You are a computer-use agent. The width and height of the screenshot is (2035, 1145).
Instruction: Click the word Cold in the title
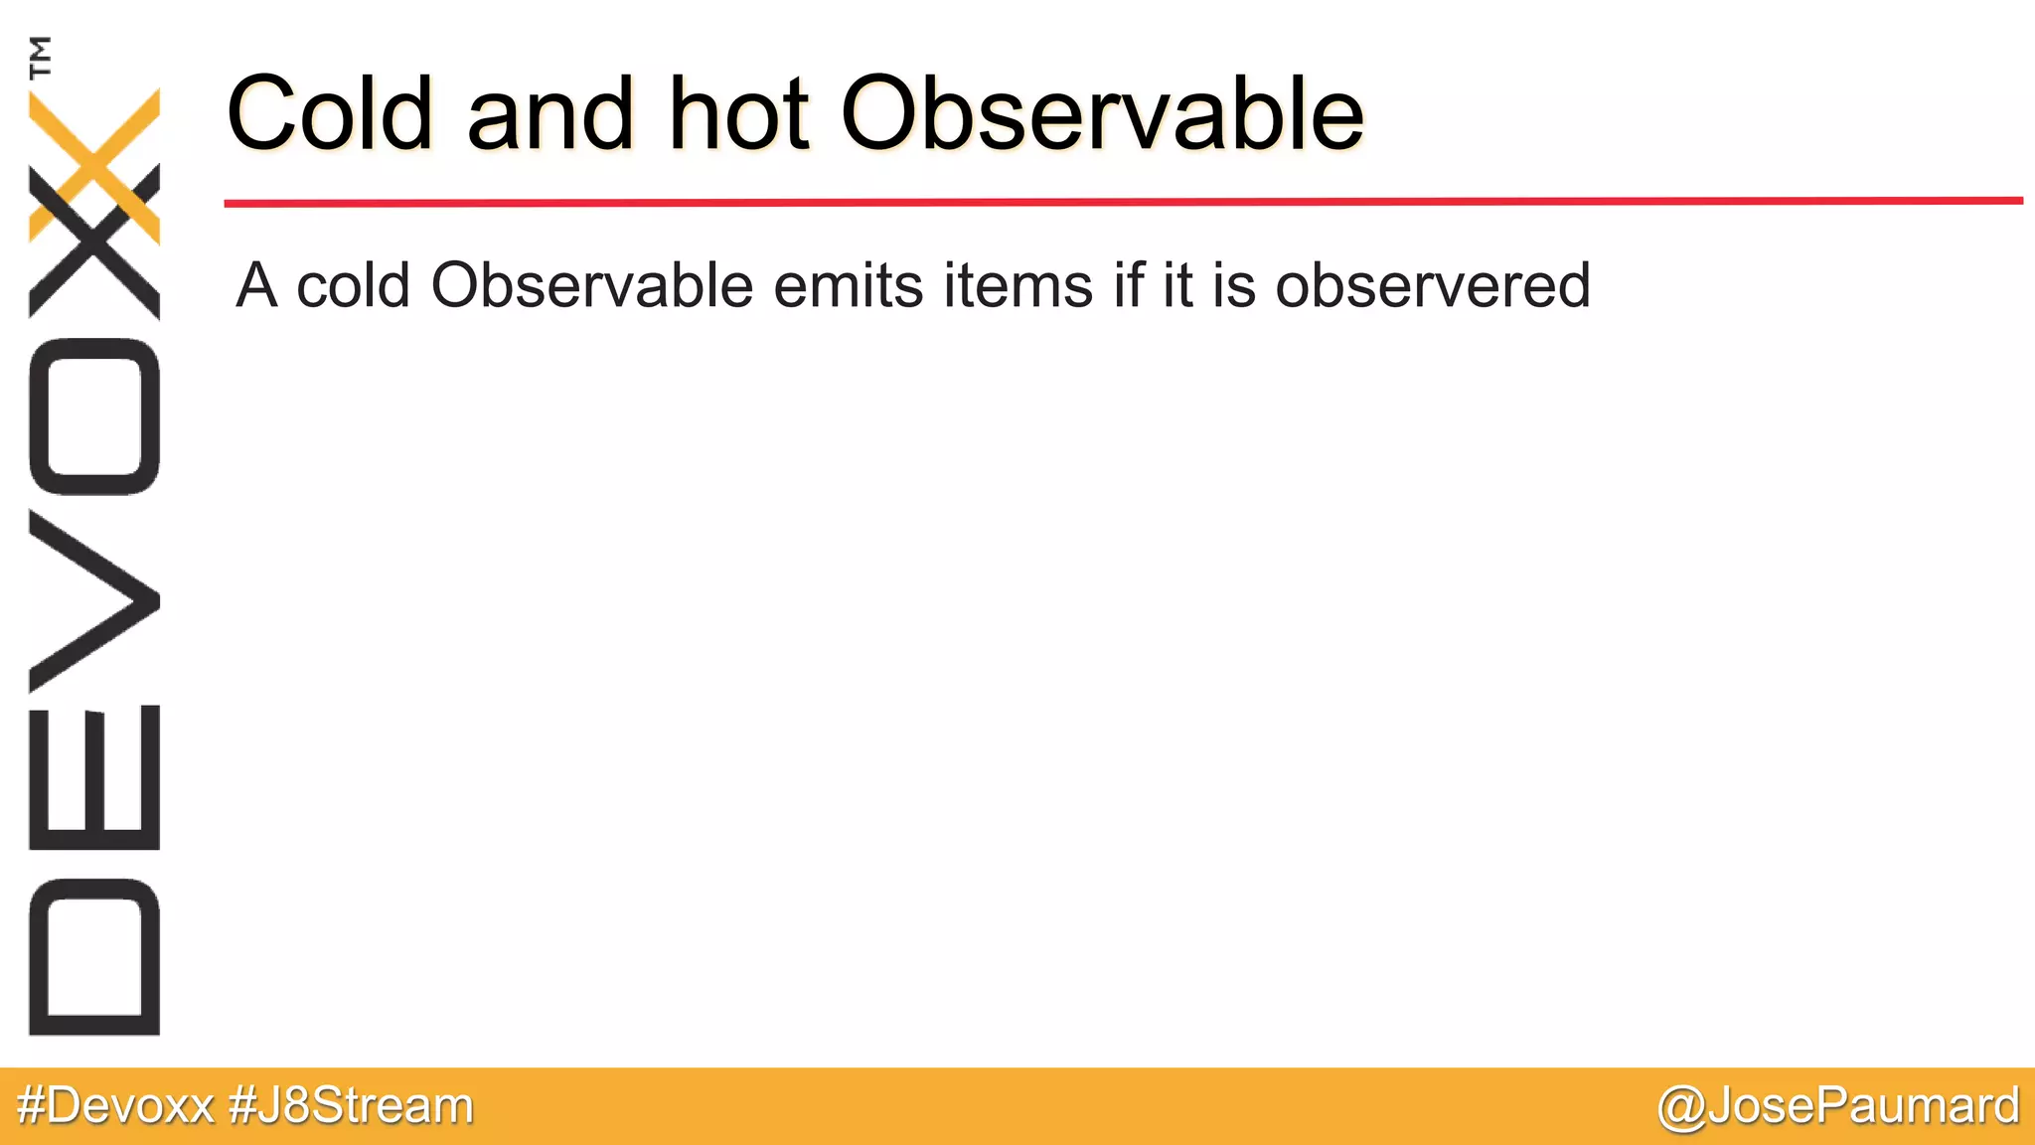pyautogui.click(x=330, y=114)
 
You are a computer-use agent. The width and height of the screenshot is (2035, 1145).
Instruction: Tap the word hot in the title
pyautogui.click(x=739, y=114)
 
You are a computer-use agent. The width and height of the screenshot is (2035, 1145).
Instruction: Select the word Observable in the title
pyautogui.click(x=1102, y=114)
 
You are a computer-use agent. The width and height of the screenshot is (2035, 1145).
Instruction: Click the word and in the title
pyautogui.click(x=549, y=114)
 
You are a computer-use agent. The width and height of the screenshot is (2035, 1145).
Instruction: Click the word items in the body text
pyautogui.click(x=1018, y=286)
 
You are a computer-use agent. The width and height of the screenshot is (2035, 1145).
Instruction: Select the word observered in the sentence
pyautogui.click(x=1432, y=286)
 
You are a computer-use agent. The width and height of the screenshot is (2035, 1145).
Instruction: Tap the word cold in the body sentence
pyautogui.click(x=353, y=286)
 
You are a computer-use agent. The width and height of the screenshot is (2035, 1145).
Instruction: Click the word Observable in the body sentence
pyautogui.click(x=591, y=286)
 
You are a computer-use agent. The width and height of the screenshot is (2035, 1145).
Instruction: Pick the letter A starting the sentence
pyautogui.click(x=256, y=286)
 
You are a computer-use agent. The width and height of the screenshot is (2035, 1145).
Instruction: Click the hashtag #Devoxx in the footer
pyautogui.click(x=115, y=1106)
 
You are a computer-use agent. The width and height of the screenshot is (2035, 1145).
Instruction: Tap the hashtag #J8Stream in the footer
pyautogui.click(x=351, y=1106)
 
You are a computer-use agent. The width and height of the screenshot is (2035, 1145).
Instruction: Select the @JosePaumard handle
pyautogui.click(x=1838, y=1106)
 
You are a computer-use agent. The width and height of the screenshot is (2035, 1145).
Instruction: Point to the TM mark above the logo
pyautogui.click(x=41, y=57)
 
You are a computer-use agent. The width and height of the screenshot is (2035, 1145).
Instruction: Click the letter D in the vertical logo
pyautogui.click(x=94, y=956)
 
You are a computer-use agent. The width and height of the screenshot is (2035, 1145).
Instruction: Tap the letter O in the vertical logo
pyautogui.click(x=94, y=416)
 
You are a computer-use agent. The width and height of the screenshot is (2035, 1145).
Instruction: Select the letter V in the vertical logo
pyautogui.click(x=94, y=600)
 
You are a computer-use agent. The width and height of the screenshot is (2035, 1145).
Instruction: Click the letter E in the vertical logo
pyautogui.click(x=94, y=777)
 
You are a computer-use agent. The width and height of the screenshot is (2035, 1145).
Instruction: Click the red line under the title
pyautogui.click(x=1123, y=202)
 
